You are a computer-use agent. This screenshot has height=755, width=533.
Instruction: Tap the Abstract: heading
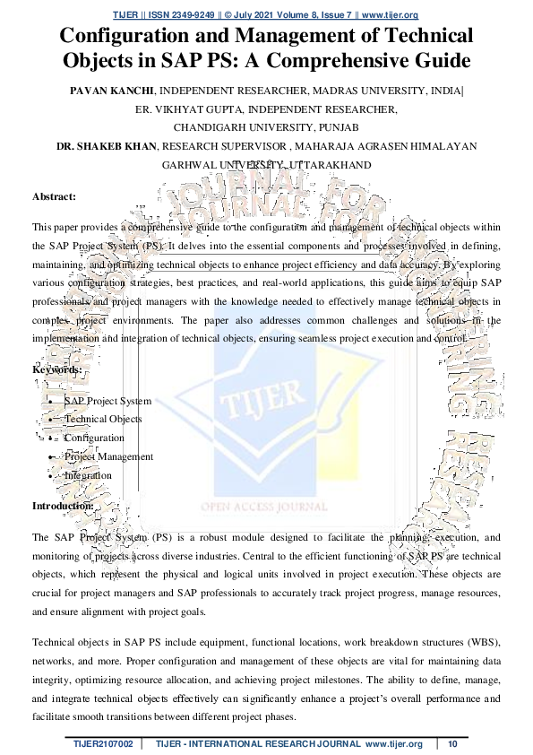pyautogui.click(x=54, y=195)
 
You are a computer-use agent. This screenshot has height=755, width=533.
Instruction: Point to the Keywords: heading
pyautogui.click(x=57, y=369)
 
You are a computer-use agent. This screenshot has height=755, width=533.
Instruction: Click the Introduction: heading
pyautogui.click(x=63, y=506)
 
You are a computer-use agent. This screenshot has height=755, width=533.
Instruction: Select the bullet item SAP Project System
pyautogui.click(x=107, y=401)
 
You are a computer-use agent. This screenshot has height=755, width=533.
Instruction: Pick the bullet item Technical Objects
pyautogui.click(x=103, y=419)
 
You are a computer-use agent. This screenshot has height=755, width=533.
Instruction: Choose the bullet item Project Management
pyautogui.click(x=108, y=456)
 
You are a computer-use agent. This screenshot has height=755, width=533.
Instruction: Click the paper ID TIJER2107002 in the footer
pyautogui.click(x=104, y=744)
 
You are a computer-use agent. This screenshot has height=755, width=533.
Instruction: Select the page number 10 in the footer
pyautogui.click(x=452, y=744)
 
